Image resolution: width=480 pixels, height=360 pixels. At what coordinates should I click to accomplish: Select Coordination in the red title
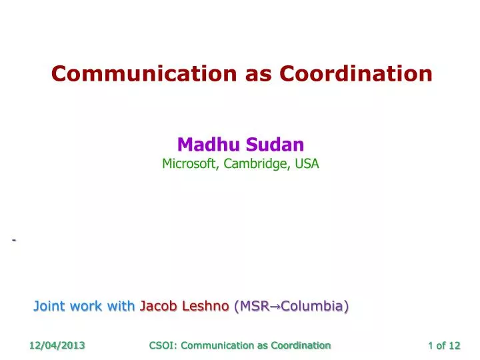click(357, 74)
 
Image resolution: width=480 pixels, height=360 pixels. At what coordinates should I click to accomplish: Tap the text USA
click(307, 163)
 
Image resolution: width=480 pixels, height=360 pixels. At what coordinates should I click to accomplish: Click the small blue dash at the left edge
click(13, 240)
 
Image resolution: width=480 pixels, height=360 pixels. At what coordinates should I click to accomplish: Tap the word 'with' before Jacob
click(121, 306)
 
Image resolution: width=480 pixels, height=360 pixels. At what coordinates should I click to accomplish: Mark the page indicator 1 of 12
click(444, 345)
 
